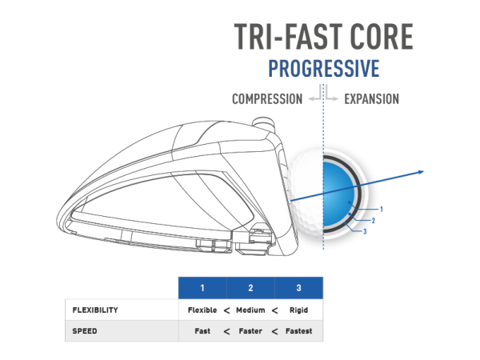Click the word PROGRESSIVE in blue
click(x=324, y=68)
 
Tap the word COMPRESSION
click(x=267, y=99)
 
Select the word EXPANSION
click(x=372, y=99)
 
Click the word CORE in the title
click(x=382, y=37)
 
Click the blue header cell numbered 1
click(x=202, y=288)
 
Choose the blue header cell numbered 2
click(x=250, y=288)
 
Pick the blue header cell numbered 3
click(x=298, y=288)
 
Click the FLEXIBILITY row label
click(x=95, y=310)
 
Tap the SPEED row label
click(x=85, y=331)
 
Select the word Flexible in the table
click(x=202, y=310)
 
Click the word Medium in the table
click(x=250, y=310)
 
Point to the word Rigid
click(x=298, y=310)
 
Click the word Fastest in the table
click(x=298, y=331)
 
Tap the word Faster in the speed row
click(x=250, y=331)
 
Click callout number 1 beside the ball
click(x=382, y=210)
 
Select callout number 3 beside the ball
click(x=365, y=231)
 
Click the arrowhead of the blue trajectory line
click(x=421, y=172)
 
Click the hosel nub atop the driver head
click(x=263, y=122)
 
